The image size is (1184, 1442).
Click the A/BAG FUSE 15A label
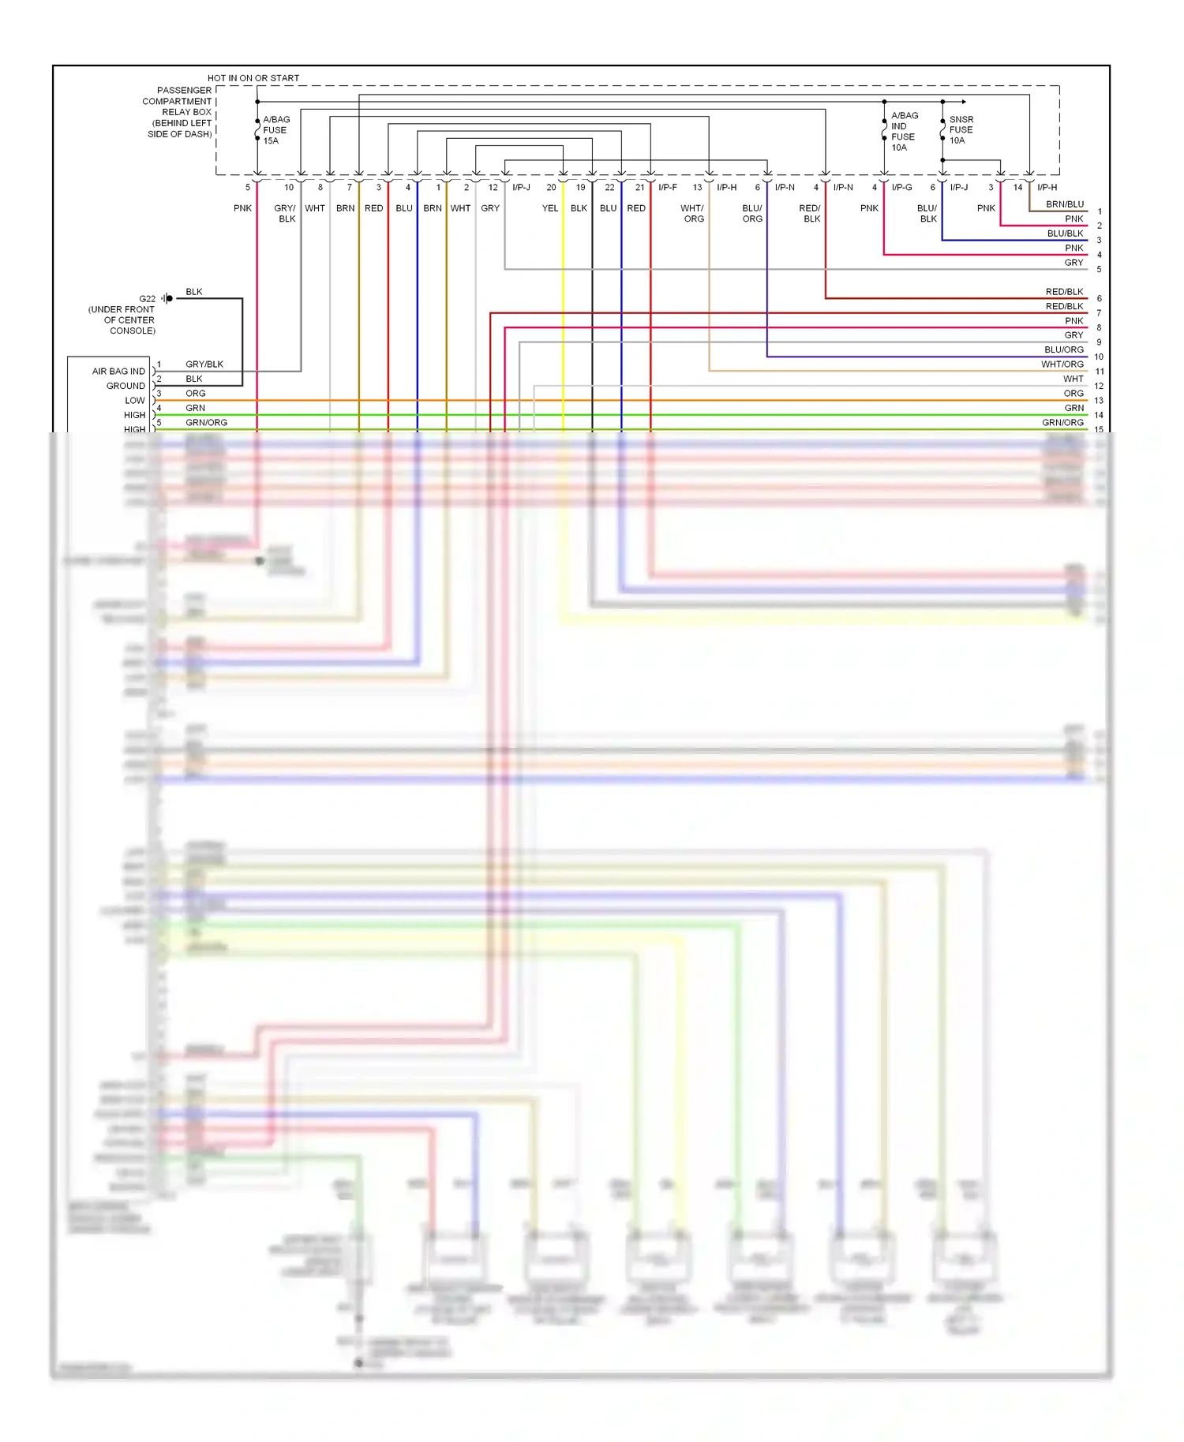coord(275,130)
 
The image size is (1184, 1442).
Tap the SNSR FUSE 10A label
coord(961,130)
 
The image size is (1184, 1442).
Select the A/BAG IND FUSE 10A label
coord(904,131)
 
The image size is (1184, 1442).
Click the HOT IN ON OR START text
coord(253,78)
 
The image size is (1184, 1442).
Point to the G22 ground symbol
coord(167,298)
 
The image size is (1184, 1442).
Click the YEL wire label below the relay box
coord(549,208)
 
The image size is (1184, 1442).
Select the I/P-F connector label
coord(667,188)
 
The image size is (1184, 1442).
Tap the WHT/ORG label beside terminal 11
coord(1062,364)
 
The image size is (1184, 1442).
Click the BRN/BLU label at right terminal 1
coord(1064,204)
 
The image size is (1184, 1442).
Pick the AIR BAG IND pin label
coord(118,372)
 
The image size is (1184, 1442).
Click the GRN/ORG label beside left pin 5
coord(206,423)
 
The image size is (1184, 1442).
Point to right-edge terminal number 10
coord(1098,357)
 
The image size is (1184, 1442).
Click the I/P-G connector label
coord(901,188)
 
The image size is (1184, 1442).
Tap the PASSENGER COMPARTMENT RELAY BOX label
coord(178,112)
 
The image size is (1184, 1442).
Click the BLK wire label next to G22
coord(193,292)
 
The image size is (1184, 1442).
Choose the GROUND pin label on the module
coord(126,386)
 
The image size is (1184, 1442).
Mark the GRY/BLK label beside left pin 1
coord(204,364)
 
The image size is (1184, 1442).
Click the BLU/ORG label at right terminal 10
coord(1063,349)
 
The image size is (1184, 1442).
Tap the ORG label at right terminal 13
coord(1073,394)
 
